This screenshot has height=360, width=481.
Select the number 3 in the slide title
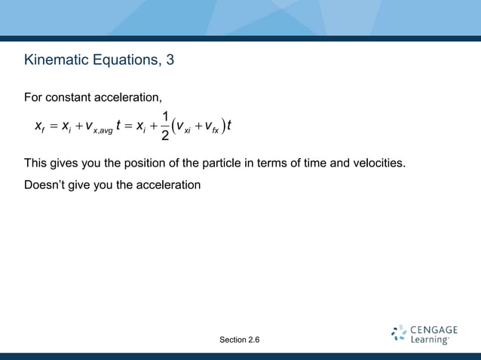point(170,59)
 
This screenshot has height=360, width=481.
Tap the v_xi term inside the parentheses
point(186,129)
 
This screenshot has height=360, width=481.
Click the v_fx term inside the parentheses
point(215,129)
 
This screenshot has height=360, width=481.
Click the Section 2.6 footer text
point(240,340)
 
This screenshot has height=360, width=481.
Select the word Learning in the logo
point(430,340)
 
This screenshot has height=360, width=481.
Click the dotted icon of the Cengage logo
point(399,334)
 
